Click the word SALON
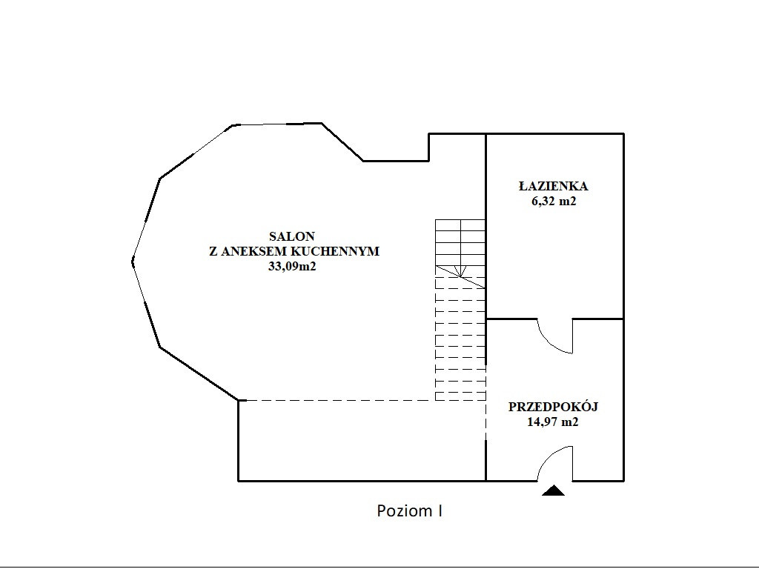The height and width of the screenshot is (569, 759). pos(292,236)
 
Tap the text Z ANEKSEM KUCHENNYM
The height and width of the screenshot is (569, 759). pos(294,251)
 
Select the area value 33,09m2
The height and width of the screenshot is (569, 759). pos(292,266)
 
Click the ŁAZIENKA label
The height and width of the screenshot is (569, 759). pos(553,186)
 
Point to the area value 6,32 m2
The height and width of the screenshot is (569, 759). pos(554,202)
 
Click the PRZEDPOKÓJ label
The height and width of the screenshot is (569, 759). pos(553,407)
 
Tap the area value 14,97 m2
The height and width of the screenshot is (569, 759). pos(553,422)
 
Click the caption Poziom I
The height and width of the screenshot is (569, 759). pos(409,511)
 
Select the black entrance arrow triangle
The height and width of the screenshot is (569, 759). pos(553,490)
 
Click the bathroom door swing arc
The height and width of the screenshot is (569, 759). pos(551,344)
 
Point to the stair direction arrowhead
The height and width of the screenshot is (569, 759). pos(460,271)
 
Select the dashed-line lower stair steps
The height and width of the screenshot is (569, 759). pos(460,339)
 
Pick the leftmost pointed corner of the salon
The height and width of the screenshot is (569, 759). pos(133,262)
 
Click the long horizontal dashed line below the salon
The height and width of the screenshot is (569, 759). pos(337,401)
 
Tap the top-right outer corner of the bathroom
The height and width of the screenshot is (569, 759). pos(623,133)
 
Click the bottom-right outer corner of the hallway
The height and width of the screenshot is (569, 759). pos(623,481)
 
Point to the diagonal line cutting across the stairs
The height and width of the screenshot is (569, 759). pos(460,277)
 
